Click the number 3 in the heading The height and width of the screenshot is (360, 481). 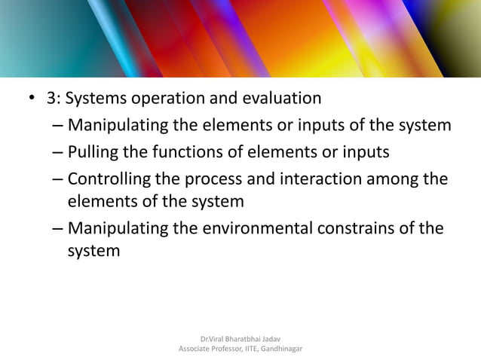(51, 99)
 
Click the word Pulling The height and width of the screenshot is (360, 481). (93, 153)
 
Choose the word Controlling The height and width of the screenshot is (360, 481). (113, 180)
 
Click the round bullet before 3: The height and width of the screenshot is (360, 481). (31, 99)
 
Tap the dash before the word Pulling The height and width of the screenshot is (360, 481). (58, 154)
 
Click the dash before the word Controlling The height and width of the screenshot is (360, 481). (58, 181)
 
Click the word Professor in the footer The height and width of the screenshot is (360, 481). (234, 349)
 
